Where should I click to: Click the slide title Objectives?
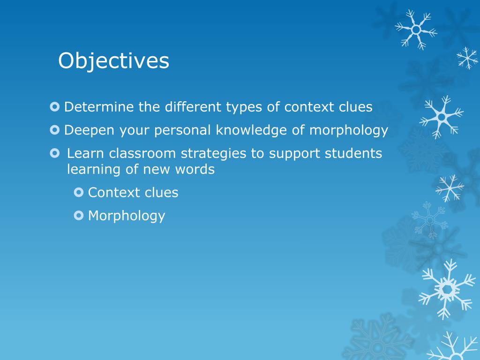(113, 61)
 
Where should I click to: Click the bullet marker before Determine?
(55, 107)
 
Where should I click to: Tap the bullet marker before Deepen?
(55, 130)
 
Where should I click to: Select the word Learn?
(86, 154)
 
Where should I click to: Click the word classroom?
(136, 154)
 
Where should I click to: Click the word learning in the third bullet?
(94, 170)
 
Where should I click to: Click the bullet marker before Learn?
(55, 153)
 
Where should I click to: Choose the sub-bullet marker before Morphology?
(79, 215)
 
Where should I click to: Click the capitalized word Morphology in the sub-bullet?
(127, 216)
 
